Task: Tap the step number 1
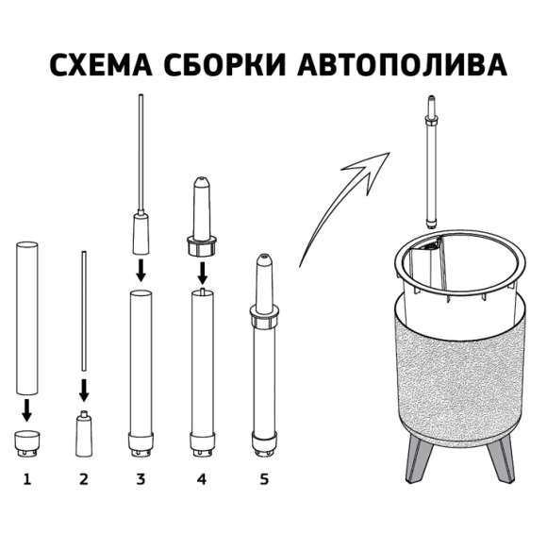[26, 479]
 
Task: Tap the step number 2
[83, 479]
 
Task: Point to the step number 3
[141, 479]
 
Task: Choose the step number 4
[201, 479]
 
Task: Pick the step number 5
[263, 479]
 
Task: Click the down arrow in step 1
[26, 408]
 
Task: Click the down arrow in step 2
[83, 389]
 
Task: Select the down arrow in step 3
[141, 271]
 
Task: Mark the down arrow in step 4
[201, 274]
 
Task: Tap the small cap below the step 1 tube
[26, 441]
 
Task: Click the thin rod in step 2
[83, 311]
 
